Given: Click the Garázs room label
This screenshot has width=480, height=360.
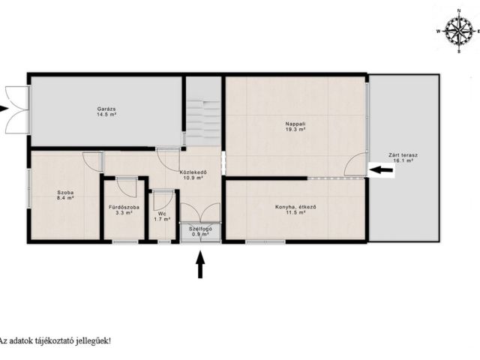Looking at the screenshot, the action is click(106, 112).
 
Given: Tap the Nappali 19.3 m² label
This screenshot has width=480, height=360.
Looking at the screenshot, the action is click(295, 127).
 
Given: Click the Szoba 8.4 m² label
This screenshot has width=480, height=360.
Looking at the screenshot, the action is click(65, 195).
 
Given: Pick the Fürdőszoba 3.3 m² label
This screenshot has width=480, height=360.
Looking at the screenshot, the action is click(124, 210).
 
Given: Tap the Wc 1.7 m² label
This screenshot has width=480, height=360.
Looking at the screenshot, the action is click(162, 217).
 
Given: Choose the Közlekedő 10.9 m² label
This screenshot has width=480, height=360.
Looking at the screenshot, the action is click(193, 175).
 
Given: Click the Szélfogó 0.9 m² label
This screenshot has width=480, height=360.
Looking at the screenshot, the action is click(200, 232).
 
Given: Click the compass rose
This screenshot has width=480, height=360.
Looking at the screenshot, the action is click(458, 31).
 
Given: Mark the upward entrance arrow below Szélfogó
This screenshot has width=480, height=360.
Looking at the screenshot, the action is click(200, 265).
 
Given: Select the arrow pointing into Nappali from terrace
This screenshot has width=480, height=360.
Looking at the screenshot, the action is click(381, 169).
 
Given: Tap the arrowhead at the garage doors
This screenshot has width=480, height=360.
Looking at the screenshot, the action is click(4, 109).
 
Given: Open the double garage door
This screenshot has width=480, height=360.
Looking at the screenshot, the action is click(17, 109).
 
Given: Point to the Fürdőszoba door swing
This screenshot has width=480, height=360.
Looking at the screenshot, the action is click(126, 187).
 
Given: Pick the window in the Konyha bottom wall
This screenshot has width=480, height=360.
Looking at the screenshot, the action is click(265, 241).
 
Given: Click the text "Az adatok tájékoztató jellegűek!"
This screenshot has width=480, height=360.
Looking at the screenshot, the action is click(55, 340).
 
